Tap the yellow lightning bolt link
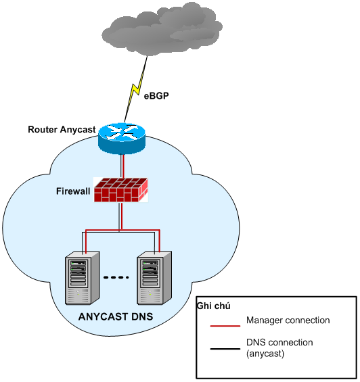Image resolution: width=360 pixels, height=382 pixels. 135,89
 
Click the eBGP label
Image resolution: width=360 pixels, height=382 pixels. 156,96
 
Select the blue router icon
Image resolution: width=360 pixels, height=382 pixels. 121,138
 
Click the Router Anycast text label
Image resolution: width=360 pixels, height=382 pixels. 62,129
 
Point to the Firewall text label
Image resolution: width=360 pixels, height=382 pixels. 73,191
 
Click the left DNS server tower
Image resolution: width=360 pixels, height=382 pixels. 83,278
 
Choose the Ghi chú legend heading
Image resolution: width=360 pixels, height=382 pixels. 210,306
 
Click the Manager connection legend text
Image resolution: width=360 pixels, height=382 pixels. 288,320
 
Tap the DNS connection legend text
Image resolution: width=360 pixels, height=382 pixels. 279,343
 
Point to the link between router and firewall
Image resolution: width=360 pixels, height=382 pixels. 122,165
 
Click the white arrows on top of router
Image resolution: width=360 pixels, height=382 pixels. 121,132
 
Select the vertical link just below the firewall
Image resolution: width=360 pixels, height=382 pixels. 121,216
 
